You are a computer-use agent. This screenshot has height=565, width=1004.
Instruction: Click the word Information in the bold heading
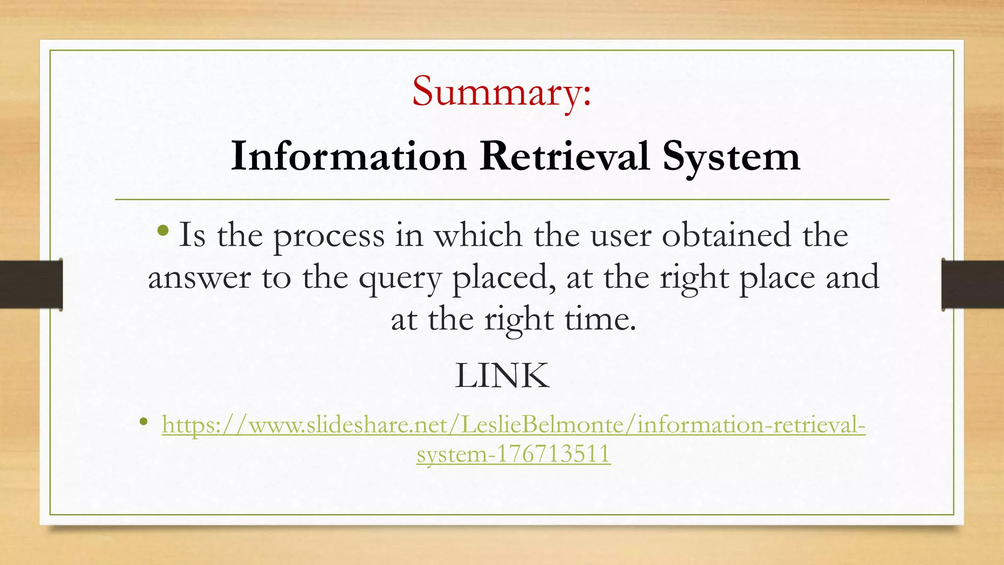tap(349, 156)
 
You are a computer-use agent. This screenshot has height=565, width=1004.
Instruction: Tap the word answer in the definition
tap(199, 278)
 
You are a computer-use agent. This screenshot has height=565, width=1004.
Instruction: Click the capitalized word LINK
tap(502, 376)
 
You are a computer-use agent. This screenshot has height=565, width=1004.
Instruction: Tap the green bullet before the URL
tap(143, 421)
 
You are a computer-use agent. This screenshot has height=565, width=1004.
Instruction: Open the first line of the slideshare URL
tap(513, 425)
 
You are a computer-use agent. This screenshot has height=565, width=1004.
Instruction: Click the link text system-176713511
tap(513, 453)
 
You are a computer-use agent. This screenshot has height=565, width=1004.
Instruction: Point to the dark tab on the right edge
tap(973, 284)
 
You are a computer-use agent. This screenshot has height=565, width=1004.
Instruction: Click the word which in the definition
tap(478, 235)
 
